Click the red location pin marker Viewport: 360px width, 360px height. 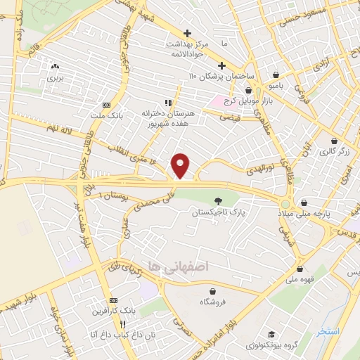point(181,165)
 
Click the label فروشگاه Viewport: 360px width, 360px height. point(212,301)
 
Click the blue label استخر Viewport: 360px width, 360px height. point(328,331)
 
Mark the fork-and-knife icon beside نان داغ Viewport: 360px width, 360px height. point(122,325)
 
